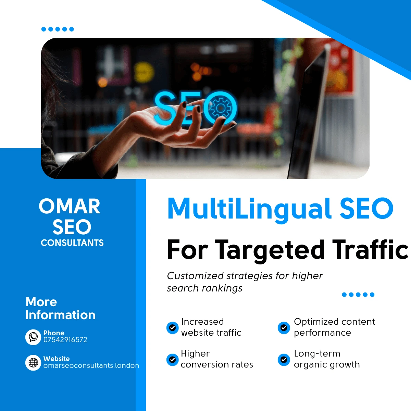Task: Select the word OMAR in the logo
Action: click(70, 207)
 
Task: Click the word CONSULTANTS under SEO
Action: click(72, 243)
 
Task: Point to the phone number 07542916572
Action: click(65, 340)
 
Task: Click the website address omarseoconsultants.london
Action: click(91, 365)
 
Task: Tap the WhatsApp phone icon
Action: click(33, 337)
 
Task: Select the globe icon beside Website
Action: click(33, 363)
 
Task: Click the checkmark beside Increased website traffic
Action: click(172, 328)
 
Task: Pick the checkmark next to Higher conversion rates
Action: click(172, 360)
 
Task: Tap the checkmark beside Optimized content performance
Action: click(284, 328)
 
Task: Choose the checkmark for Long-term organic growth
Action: click(284, 360)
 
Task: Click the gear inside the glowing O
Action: click(220, 108)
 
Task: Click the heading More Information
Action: click(60, 308)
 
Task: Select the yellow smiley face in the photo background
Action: click(144, 72)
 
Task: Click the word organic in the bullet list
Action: click(311, 365)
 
